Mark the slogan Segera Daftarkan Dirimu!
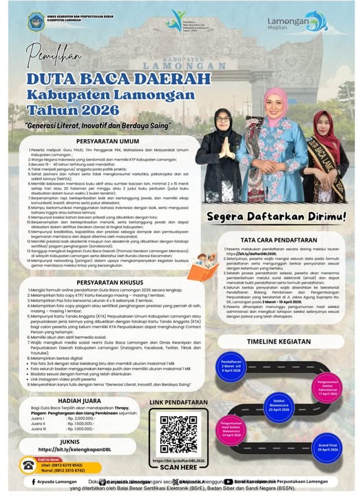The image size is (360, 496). pyautogui.click(x=277, y=198)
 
